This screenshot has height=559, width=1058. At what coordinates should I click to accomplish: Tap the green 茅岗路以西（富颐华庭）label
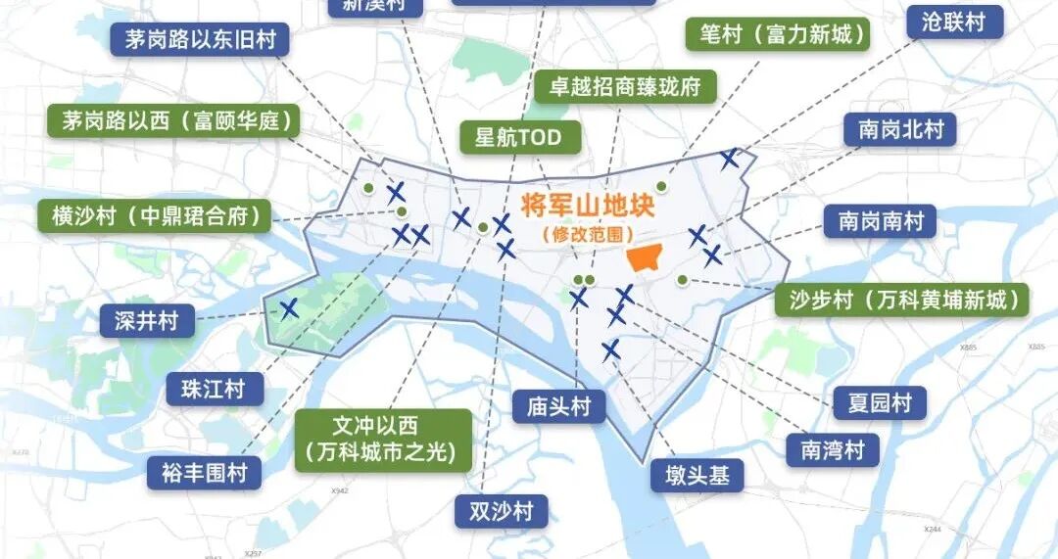click(x=174, y=122)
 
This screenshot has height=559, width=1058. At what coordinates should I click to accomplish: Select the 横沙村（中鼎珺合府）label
click(x=155, y=216)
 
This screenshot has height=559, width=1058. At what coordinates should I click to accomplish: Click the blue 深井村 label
click(x=146, y=320)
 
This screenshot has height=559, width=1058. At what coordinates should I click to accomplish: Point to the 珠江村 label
click(x=213, y=389)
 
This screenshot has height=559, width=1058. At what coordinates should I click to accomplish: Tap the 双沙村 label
click(x=501, y=510)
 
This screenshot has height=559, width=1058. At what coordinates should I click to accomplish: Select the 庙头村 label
click(x=558, y=406)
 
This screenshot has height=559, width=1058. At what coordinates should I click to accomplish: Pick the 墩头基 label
click(x=697, y=476)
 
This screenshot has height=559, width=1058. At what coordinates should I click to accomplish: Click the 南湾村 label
click(x=833, y=449)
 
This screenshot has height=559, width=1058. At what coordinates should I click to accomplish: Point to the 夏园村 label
click(x=879, y=402)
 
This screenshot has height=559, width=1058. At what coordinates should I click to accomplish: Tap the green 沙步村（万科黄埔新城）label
click(x=902, y=300)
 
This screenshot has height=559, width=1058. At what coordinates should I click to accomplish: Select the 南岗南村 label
click(x=880, y=221)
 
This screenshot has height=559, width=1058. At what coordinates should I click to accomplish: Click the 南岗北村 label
click(x=899, y=129)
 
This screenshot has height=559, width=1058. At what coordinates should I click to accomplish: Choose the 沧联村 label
click(x=953, y=23)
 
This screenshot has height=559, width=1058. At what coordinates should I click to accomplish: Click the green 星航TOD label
click(x=518, y=137)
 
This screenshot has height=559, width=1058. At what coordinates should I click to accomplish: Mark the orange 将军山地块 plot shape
click(x=645, y=256)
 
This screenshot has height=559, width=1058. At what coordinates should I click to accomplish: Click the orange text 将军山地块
click(x=587, y=206)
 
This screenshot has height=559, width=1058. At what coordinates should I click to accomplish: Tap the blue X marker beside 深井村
click(x=289, y=309)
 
